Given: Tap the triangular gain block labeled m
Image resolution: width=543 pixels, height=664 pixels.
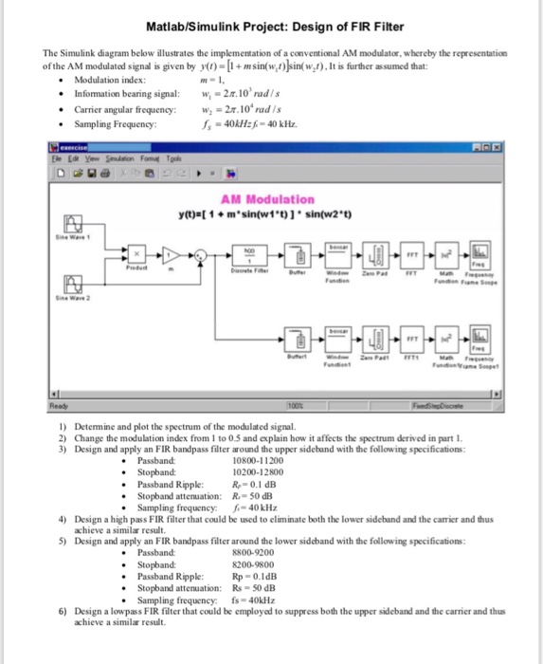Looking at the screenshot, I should coord(171,254).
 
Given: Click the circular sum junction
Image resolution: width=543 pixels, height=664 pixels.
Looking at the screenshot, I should coord(200,254).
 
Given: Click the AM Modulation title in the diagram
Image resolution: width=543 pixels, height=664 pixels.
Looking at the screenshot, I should coord(266,199).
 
